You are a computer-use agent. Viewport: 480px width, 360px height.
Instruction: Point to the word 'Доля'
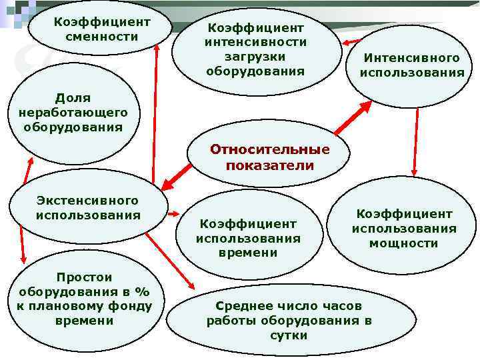click(73, 98)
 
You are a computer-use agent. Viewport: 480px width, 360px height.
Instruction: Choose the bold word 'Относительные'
click(269, 149)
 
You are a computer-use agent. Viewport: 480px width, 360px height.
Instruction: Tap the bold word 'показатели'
click(269, 165)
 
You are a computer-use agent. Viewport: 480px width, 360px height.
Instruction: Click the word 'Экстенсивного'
click(88, 200)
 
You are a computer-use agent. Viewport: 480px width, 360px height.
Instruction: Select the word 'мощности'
click(404, 243)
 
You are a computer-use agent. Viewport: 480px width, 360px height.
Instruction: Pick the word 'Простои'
click(85, 277)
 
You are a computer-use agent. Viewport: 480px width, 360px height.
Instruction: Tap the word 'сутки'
click(289, 335)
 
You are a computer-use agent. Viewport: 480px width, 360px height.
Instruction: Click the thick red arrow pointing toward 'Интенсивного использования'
click(353, 118)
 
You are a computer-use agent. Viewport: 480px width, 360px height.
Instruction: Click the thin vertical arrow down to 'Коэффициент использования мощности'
click(416, 140)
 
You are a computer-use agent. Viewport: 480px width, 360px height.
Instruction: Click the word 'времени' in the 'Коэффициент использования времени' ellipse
click(248, 253)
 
